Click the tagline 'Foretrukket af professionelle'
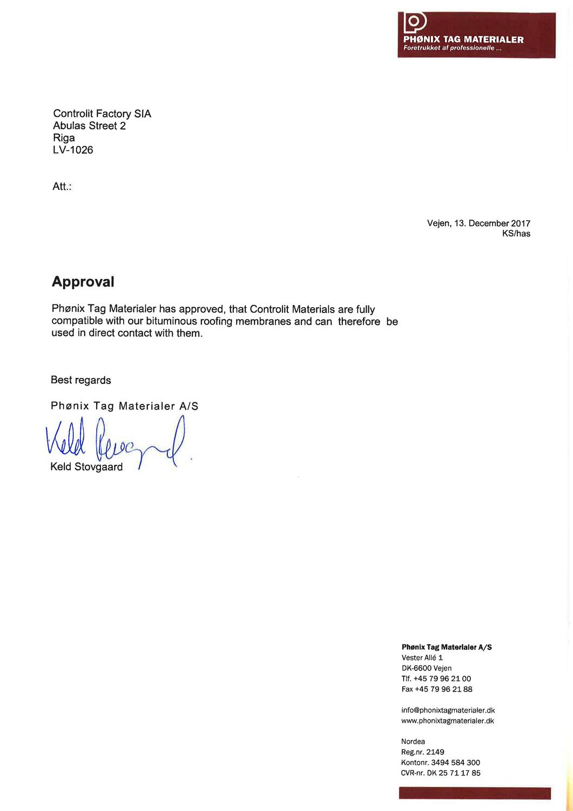[453, 49]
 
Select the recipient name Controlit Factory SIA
[102, 114]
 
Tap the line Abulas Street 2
[89, 126]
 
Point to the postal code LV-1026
[73, 150]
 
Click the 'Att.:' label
[62, 187]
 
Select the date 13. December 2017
[492, 223]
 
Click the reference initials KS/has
[516, 234]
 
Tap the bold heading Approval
[83, 282]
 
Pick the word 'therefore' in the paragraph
[359, 321]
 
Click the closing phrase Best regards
[81, 380]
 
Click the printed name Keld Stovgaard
[86, 467]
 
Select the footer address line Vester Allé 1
[422, 657]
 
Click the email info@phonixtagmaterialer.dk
[448, 710]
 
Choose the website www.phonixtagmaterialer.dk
[448, 721]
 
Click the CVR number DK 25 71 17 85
[454, 773]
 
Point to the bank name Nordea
[413, 742]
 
